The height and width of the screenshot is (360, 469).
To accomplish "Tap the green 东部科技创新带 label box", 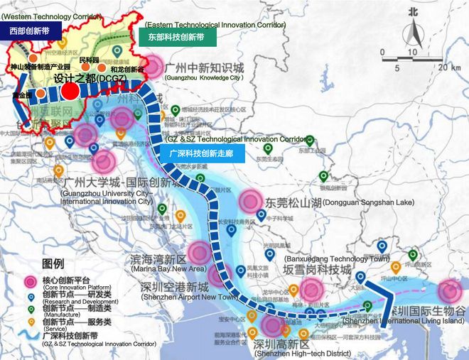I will pyautogui.click(x=176, y=36).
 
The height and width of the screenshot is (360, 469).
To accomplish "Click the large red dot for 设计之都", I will pyautogui.click(x=70, y=92).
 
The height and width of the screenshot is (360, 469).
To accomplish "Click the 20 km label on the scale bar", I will pyautogui.click(x=448, y=67).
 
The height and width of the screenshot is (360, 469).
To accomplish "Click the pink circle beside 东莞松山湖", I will pyautogui.click(x=250, y=201).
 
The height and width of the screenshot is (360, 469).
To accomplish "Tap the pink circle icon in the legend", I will pyautogui.click(x=30, y=283).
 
